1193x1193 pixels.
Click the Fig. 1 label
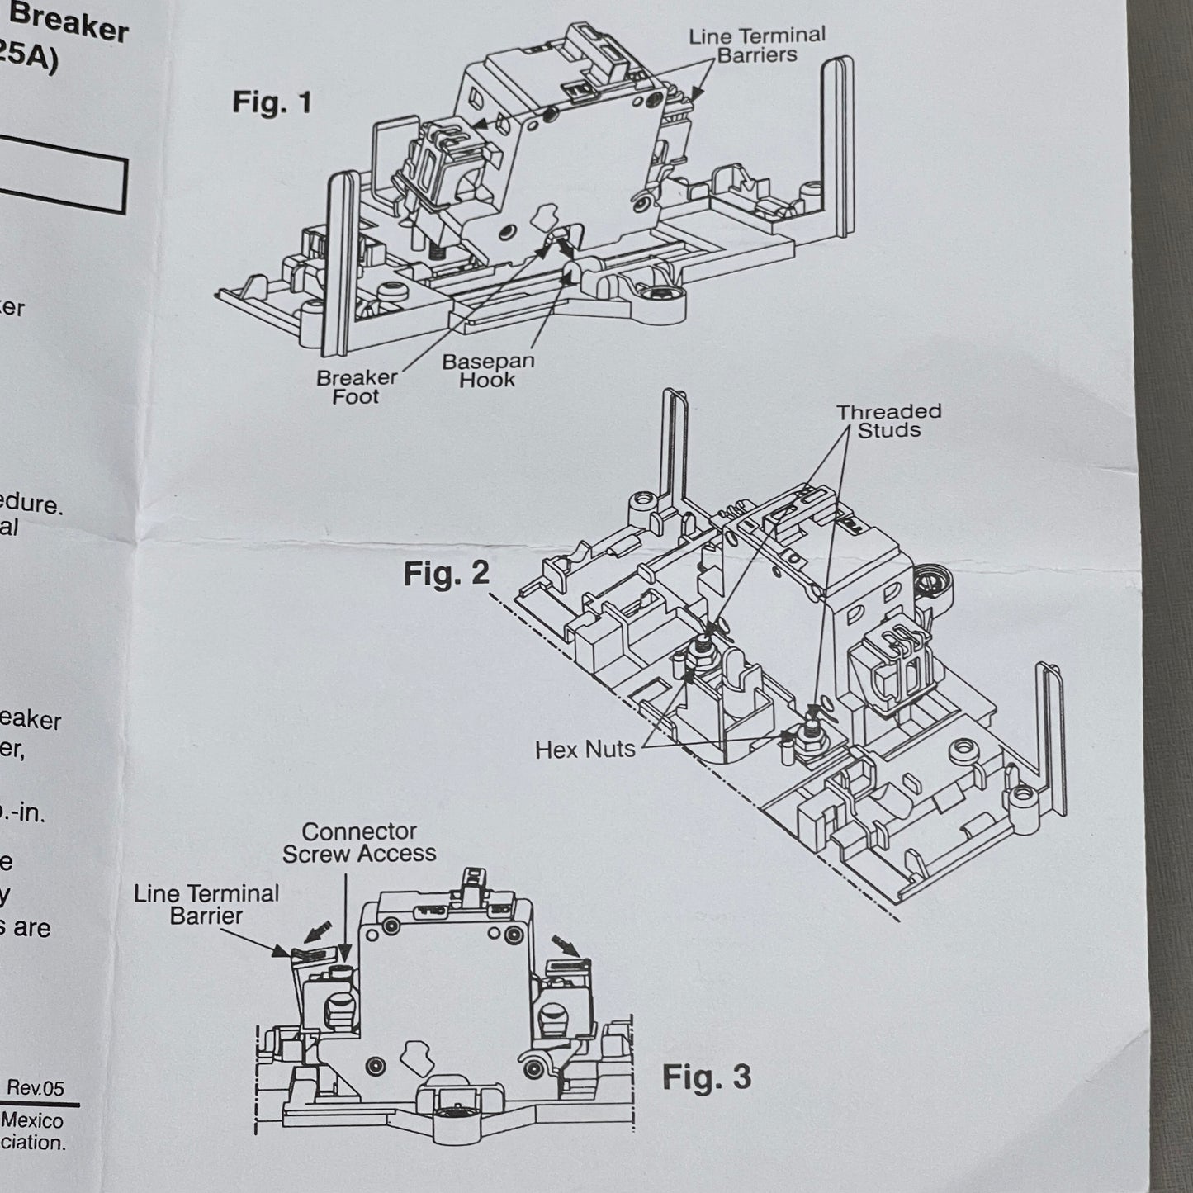click(272, 102)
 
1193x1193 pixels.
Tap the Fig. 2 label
click(446, 574)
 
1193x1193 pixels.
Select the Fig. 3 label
click(707, 1077)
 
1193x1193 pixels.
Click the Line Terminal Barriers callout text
click(757, 45)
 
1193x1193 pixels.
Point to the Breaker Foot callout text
click(357, 386)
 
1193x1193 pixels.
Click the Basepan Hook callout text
click(488, 371)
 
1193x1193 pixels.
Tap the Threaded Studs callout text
click(888, 420)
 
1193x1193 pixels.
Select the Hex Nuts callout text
click(585, 750)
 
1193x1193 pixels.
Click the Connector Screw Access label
click(359, 842)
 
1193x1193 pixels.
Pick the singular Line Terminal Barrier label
click(206, 904)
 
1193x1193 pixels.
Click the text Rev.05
click(35, 1088)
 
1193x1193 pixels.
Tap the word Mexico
click(32, 1120)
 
